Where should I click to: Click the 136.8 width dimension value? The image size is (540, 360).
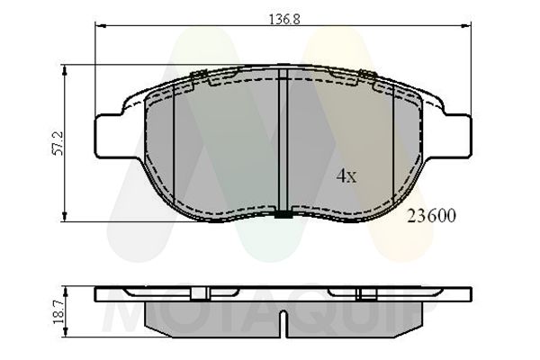click(282, 15)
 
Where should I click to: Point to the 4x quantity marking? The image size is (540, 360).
click(346, 176)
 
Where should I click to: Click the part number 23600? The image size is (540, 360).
click(431, 216)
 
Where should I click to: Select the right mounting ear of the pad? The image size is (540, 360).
click(455, 131)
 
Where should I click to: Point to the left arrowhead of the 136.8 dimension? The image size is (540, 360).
click(100, 27)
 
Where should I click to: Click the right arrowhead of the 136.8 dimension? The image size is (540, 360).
click(464, 27)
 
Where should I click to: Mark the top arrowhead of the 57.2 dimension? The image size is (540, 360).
click(62, 68)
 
